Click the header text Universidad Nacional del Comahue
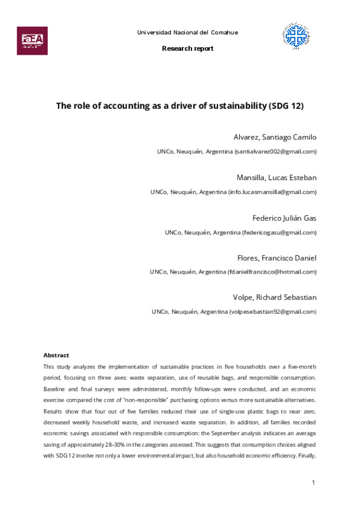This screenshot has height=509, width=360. [188, 32]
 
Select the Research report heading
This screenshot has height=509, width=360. [188, 48]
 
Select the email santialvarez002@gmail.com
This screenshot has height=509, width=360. [275, 151]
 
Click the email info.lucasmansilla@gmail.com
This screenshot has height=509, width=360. [272, 192]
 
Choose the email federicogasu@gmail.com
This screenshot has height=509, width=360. [279, 232]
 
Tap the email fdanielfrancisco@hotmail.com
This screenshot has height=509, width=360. [272, 272]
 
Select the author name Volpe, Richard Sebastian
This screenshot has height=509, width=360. [275, 297]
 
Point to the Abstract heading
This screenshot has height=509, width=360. [56, 355]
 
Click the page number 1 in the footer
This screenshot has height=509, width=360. [314, 484]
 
